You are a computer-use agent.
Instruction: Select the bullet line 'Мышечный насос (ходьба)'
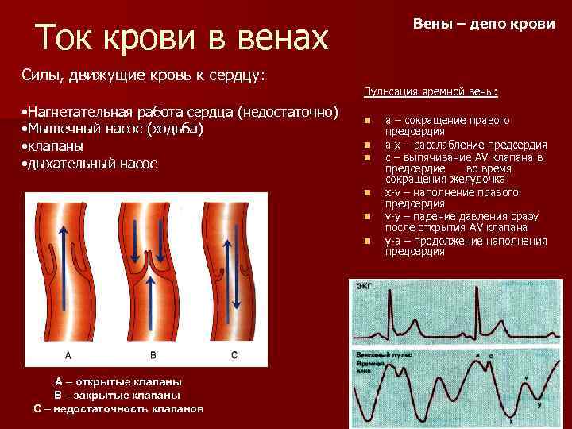tap(116, 129)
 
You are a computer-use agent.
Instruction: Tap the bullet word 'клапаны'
tap(56, 146)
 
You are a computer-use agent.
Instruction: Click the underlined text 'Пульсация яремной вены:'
tap(431, 93)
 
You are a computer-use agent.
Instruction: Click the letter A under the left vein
tap(68, 354)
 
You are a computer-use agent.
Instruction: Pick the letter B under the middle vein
tap(153, 354)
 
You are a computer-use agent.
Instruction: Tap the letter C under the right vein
tap(234, 354)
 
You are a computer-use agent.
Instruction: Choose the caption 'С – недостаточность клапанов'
tap(118, 408)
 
